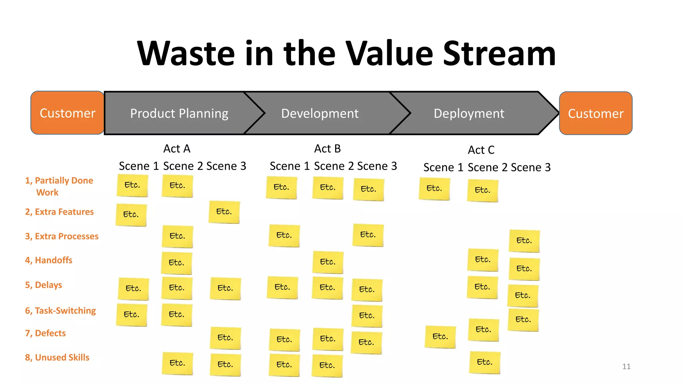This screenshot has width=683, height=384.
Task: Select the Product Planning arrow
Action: click(x=179, y=113)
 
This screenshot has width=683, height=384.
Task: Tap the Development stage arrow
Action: click(x=320, y=113)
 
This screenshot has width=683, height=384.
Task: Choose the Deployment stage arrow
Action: click(x=469, y=113)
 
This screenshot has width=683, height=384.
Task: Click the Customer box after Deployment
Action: click(x=596, y=113)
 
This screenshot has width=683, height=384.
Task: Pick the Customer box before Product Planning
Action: click(x=67, y=113)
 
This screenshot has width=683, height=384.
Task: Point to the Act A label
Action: click(x=177, y=149)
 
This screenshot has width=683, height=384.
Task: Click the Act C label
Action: click(x=481, y=150)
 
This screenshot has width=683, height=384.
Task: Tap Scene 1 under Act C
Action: click(x=443, y=167)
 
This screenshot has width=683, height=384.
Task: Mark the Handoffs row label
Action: click(x=49, y=260)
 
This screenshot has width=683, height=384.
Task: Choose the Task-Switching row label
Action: click(x=60, y=311)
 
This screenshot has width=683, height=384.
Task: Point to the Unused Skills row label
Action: click(x=57, y=357)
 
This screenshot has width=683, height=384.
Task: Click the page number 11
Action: click(x=626, y=367)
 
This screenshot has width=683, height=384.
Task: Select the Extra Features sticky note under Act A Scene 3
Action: click(x=224, y=212)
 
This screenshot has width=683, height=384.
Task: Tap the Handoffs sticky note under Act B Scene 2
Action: click(x=328, y=262)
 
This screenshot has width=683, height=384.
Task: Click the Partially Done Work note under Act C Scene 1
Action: click(x=434, y=189)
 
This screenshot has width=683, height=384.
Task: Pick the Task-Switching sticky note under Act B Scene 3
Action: click(x=367, y=316)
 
